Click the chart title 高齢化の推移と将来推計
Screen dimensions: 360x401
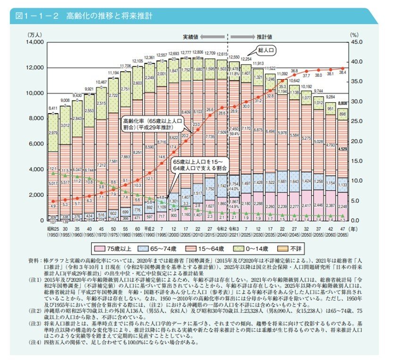(109, 16)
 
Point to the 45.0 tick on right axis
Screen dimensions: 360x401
(357, 42)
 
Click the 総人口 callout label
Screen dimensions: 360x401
(267, 49)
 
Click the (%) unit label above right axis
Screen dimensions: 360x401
(355, 34)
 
